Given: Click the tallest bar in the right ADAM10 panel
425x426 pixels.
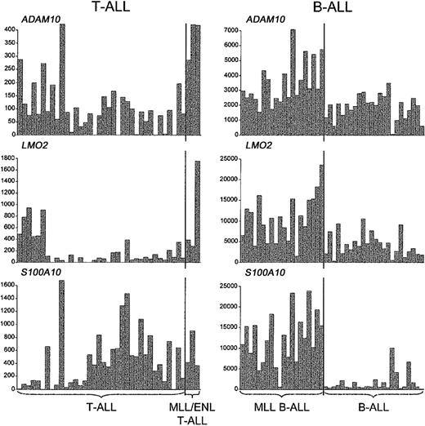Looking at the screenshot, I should (293, 82).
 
